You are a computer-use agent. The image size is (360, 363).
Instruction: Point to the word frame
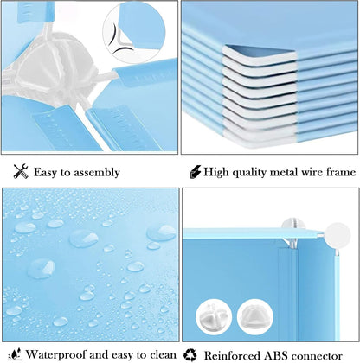[338, 172]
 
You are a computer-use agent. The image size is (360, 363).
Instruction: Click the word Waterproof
[54, 354]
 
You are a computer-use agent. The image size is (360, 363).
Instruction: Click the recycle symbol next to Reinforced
[191, 354]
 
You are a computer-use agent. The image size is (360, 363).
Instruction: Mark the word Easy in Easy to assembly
[48, 173]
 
